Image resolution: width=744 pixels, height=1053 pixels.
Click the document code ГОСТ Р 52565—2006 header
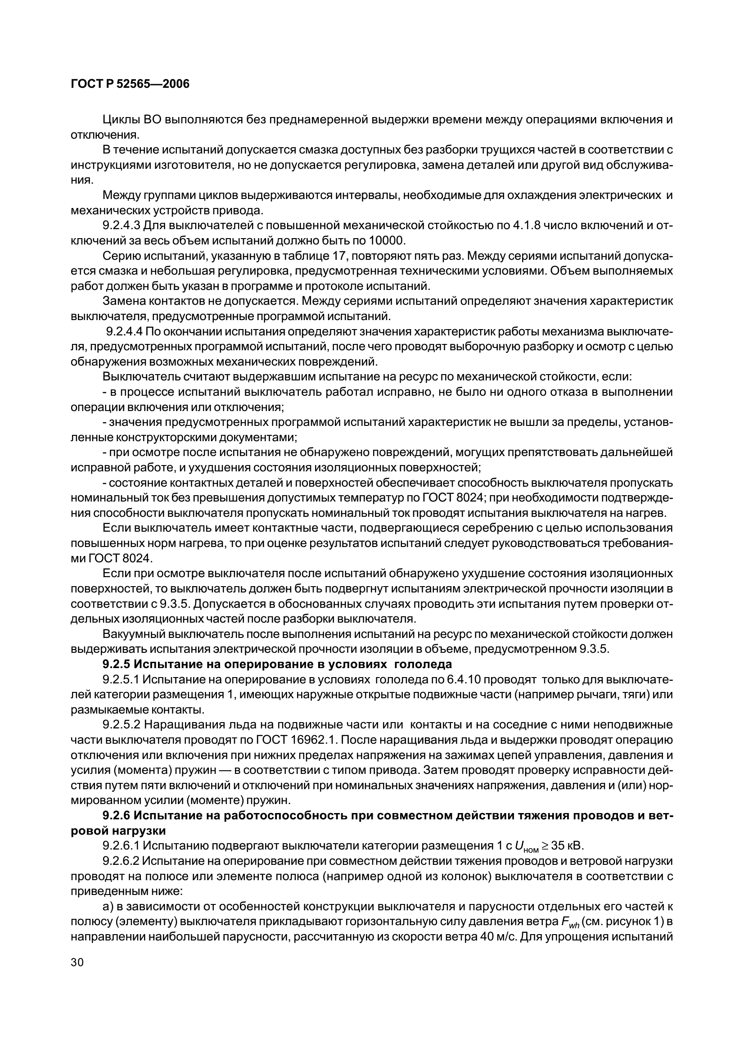(x=130, y=84)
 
